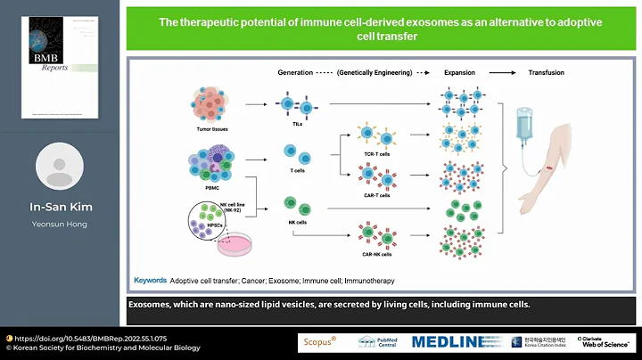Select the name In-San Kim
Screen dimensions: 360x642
[59, 208]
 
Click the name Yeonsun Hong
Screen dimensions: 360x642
[59, 225]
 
